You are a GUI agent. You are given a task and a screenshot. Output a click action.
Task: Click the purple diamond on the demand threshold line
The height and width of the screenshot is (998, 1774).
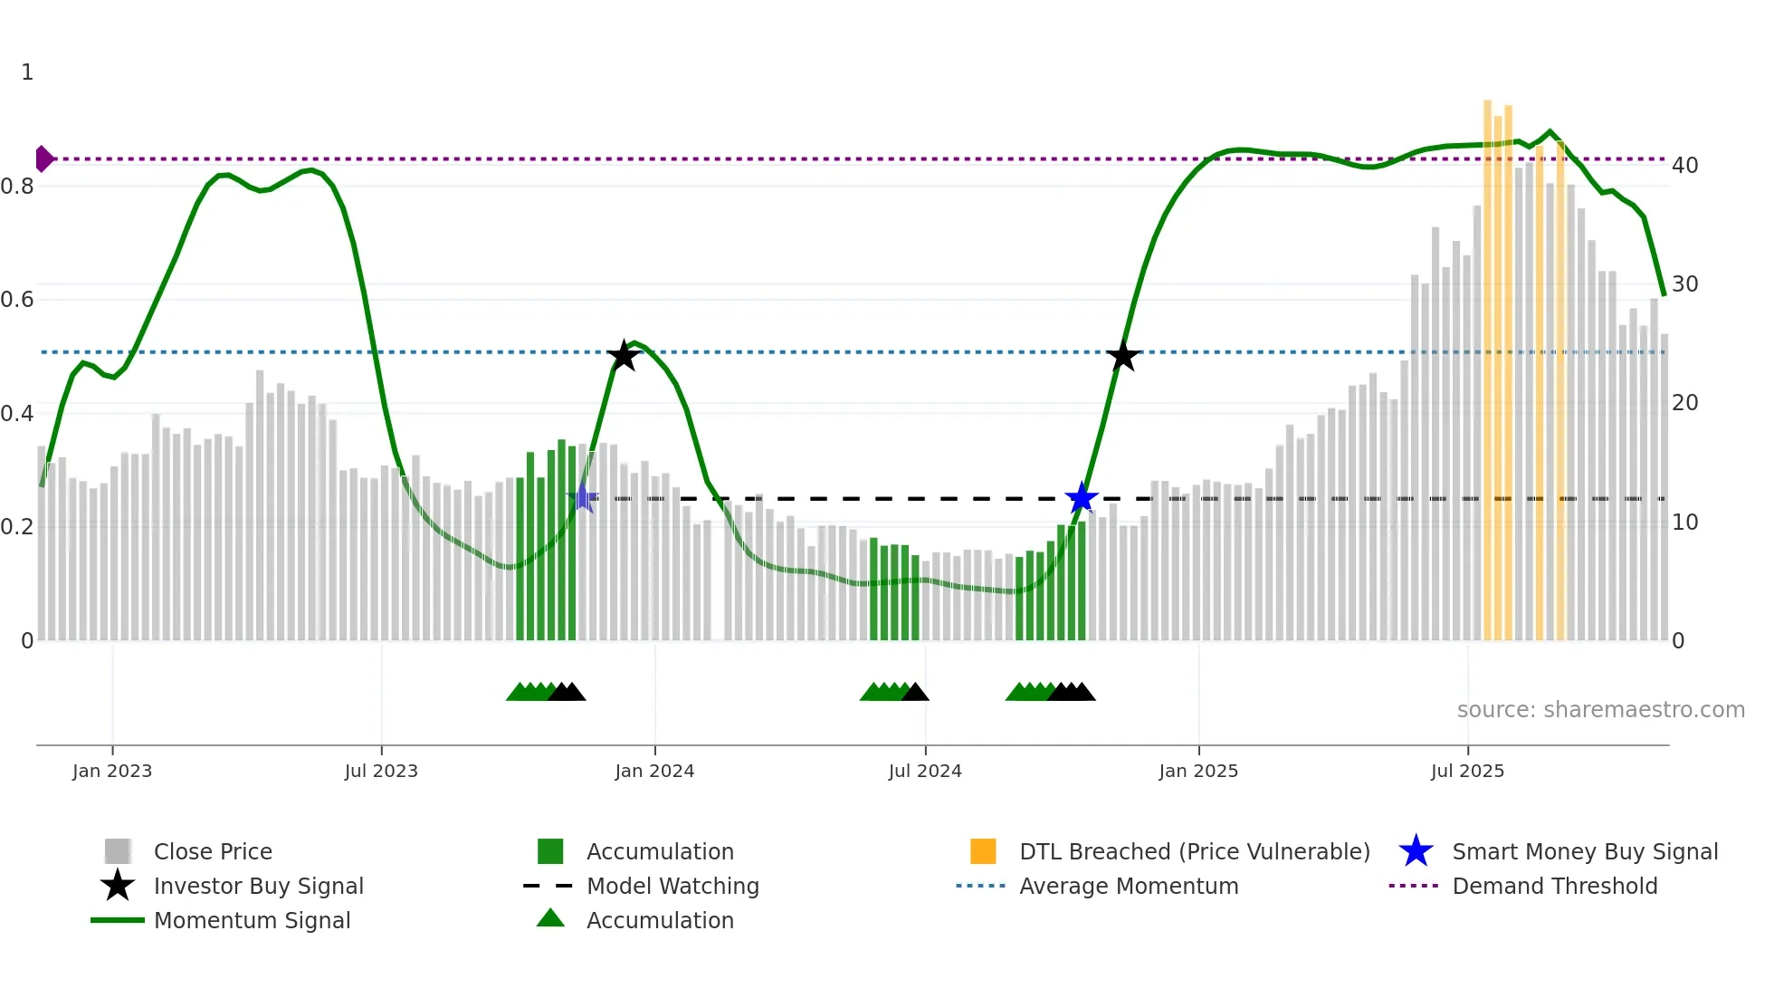point(43,158)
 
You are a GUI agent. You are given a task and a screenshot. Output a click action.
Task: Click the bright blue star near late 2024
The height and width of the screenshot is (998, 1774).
point(1081,498)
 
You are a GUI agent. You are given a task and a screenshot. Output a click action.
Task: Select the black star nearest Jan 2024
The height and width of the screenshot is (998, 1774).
point(624,356)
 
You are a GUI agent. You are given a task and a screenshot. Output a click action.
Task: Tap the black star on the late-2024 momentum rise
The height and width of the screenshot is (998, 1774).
point(1122,356)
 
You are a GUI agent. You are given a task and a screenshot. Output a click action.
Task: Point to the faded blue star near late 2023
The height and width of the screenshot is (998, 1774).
point(584,498)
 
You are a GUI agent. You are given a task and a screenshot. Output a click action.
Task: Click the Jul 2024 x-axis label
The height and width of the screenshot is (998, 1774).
point(925,771)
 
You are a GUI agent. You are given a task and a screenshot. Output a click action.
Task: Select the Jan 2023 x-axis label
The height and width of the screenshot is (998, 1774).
point(112,771)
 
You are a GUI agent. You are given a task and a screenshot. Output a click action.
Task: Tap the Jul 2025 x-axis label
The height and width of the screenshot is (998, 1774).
point(1467,771)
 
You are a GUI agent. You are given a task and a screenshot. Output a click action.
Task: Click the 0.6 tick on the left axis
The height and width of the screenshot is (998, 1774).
point(17,300)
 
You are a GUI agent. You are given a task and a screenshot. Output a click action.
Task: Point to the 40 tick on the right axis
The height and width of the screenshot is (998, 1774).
point(1684,166)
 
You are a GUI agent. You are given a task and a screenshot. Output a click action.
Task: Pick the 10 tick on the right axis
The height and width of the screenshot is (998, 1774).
point(1684,523)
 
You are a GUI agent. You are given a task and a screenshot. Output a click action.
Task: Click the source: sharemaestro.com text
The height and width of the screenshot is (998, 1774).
point(1600,710)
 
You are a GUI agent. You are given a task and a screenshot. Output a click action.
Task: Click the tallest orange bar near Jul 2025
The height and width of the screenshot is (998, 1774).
point(1487,362)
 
